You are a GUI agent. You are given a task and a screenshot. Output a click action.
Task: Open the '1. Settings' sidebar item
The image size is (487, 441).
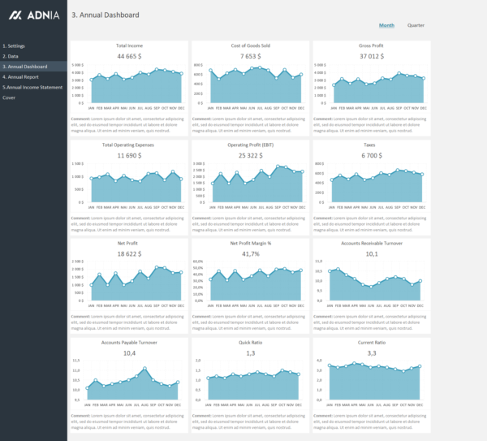[14, 46]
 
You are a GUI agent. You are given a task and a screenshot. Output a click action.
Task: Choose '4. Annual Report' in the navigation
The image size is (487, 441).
[20, 76]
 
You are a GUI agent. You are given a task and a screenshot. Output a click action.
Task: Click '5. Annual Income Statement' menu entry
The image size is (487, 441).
[32, 87]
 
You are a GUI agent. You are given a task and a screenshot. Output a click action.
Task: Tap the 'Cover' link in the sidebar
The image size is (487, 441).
[9, 97]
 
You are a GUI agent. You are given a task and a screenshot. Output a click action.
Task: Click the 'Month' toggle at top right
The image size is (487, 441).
[386, 25]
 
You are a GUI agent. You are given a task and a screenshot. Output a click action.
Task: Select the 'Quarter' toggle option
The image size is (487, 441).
[416, 25]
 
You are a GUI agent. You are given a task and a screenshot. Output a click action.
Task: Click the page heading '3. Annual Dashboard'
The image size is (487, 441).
[106, 15]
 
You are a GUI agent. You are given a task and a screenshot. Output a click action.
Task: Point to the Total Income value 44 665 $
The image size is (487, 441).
[129, 57]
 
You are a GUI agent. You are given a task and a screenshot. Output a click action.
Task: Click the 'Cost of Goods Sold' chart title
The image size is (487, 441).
[250, 46]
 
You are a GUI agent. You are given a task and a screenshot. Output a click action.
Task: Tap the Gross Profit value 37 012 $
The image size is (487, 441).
[372, 57]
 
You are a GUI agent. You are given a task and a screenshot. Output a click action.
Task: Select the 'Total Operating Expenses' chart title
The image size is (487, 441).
[129, 145]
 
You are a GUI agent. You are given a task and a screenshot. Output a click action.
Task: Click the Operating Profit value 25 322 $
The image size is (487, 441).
[250, 155]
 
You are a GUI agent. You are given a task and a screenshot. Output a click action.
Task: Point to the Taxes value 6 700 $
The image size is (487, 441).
[372, 155]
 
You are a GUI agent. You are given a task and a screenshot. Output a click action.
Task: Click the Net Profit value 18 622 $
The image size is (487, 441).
[129, 253]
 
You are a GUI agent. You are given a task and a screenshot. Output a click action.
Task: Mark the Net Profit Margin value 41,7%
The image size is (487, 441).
[250, 253]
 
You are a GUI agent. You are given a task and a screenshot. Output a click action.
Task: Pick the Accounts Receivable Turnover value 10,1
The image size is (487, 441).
[372, 253]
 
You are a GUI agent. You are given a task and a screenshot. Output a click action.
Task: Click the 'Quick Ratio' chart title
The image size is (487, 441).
[250, 343]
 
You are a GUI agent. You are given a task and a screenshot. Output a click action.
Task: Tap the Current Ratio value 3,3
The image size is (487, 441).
[372, 353]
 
